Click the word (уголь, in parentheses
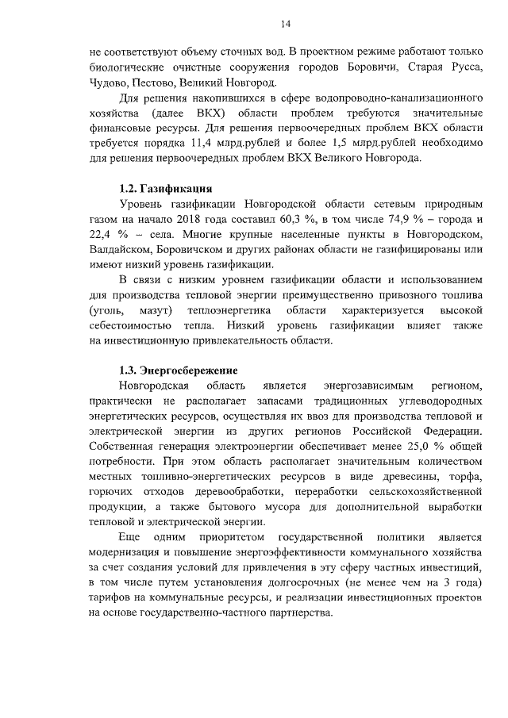(107, 310)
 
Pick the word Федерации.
(452, 431)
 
